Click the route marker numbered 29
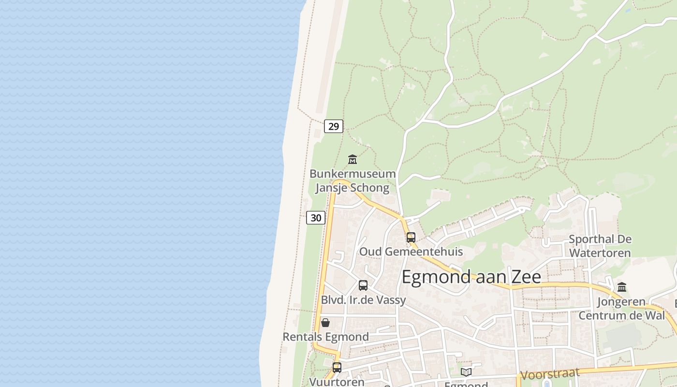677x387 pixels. (x=334, y=126)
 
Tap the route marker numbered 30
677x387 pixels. (x=316, y=218)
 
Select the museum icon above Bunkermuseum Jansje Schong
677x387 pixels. (x=353, y=159)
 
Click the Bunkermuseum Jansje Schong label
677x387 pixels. (x=353, y=180)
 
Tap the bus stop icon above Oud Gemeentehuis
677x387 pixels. (x=411, y=237)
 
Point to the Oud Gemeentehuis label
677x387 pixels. (x=411, y=252)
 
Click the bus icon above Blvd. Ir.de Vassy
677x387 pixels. (x=363, y=285)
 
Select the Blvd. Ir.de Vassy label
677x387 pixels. (x=364, y=300)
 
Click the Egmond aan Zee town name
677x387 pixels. (x=471, y=277)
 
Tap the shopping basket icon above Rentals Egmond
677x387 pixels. (x=325, y=322)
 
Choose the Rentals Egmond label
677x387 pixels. (x=325, y=337)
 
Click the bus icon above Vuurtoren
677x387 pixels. (x=337, y=367)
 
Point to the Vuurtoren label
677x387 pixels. (x=337, y=382)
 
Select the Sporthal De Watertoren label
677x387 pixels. (x=600, y=246)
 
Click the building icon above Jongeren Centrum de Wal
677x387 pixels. (x=622, y=287)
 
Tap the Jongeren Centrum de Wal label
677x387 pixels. (x=622, y=308)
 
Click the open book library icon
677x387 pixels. (x=466, y=372)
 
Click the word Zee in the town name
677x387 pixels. (x=524, y=277)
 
